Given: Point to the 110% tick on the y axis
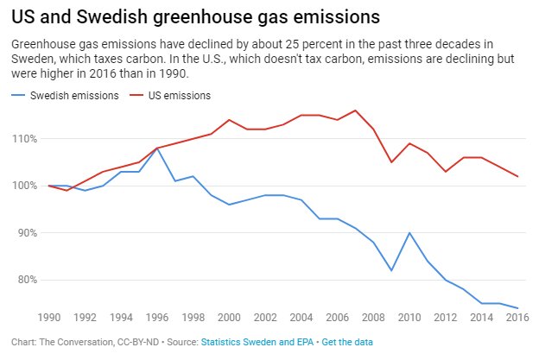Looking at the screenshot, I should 25,139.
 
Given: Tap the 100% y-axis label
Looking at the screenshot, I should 25,186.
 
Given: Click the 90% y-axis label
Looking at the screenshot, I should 27,233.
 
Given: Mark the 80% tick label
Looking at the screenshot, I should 27,280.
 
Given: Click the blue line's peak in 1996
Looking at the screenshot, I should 156,148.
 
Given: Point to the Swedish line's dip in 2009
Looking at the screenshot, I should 391,270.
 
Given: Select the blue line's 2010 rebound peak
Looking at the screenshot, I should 409,233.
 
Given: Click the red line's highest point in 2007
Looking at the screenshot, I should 355,111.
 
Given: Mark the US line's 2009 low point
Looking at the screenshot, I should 391,162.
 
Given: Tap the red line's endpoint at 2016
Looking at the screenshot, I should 517,176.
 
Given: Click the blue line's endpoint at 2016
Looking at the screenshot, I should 517,307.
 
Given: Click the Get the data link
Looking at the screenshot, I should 347,343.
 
